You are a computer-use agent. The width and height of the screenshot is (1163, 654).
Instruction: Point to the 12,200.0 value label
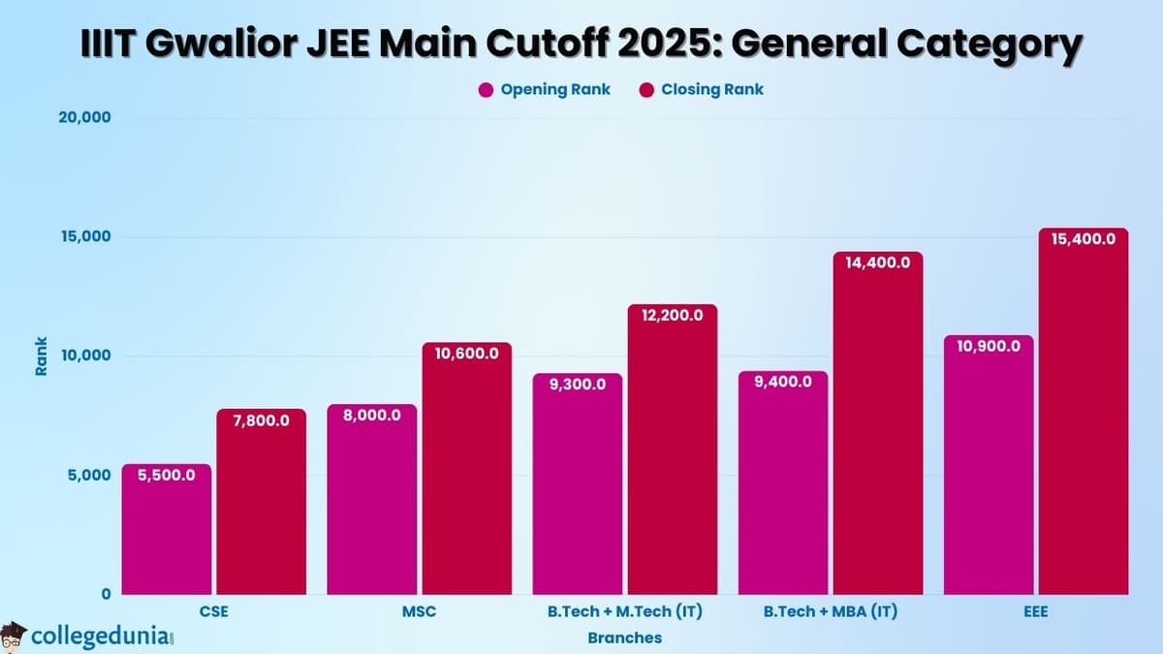coord(672,316)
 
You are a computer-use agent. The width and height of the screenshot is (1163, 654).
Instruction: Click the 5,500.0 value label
coord(166,475)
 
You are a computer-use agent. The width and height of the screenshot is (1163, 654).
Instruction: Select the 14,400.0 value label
coord(878,263)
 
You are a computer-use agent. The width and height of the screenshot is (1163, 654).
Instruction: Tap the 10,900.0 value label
coord(988,346)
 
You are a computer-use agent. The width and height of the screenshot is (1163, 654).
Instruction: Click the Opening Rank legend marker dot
coord(487,90)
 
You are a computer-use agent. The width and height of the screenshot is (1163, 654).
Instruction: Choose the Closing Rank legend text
coord(712,90)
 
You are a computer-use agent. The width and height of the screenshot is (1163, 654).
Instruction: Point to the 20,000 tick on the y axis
coord(85,118)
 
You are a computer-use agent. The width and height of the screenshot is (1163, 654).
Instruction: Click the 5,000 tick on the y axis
coord(90,475)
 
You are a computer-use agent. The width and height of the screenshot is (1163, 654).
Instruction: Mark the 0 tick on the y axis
coord(108,594)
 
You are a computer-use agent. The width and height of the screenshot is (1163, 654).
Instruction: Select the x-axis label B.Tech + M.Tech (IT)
coord(624,612)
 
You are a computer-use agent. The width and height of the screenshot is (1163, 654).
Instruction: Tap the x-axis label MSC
coord(419,612)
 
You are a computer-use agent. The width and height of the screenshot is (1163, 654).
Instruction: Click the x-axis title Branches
coord(624,638)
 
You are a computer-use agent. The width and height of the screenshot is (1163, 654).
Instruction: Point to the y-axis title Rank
coord(42,357)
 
